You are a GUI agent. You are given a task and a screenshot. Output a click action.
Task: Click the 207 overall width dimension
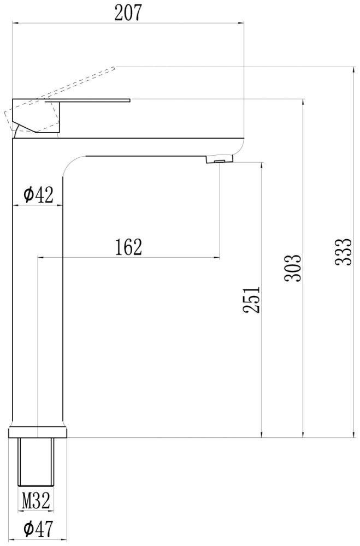click(128, 13)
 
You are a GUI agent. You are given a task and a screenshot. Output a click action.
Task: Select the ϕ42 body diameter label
click(38, 194)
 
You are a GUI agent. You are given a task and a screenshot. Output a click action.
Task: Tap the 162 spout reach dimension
click(128, 247)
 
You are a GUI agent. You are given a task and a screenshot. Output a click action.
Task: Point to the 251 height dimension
click(251, 299)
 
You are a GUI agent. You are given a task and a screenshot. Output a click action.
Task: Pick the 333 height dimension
click(342, 252)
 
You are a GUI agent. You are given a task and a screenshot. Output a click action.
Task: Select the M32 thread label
click(37, 499)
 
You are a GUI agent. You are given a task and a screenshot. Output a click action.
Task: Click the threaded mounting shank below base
click(37, 461)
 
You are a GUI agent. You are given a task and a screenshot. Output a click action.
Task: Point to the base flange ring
click(38, 432)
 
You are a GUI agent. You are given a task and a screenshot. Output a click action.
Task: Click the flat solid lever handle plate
click(93, 100)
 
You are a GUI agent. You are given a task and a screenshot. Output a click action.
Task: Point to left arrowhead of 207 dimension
click(15, 23)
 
